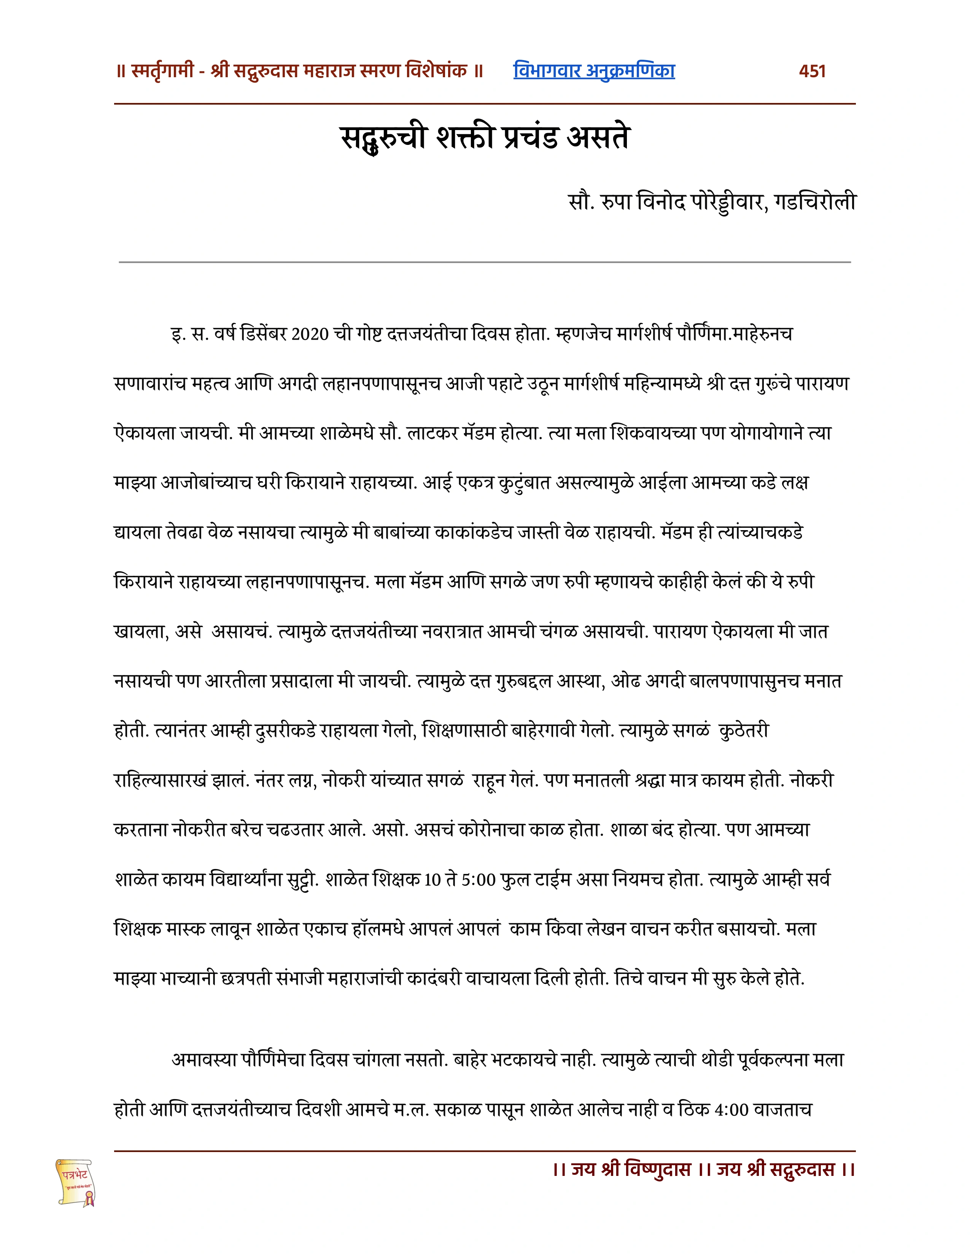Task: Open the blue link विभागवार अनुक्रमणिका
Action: coord(594,71)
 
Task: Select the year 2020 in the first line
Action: coord(310,334)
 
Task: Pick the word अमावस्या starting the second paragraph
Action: coord(204,1060)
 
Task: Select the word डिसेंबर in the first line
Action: coord(264,334)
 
